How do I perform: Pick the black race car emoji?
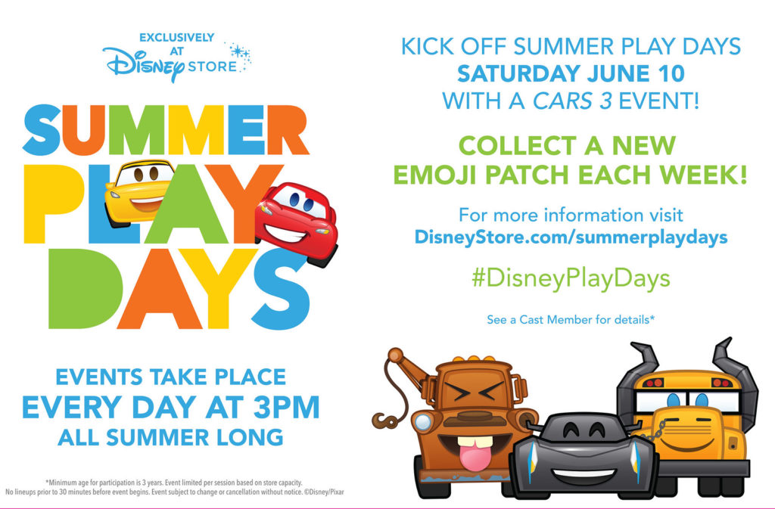coord(584,455)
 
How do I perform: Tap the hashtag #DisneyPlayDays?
coord(571,278)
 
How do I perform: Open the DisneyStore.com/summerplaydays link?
coord(571,237)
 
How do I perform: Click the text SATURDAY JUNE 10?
coord(571,73)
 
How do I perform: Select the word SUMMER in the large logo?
coord(166,130)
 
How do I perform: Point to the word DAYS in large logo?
coord(179,289)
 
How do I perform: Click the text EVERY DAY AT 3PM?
coord(171,408)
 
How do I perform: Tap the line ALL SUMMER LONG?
coord(170,437)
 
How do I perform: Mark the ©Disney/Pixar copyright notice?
coord(324,492)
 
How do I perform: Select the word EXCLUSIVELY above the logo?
coord(177,38)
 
